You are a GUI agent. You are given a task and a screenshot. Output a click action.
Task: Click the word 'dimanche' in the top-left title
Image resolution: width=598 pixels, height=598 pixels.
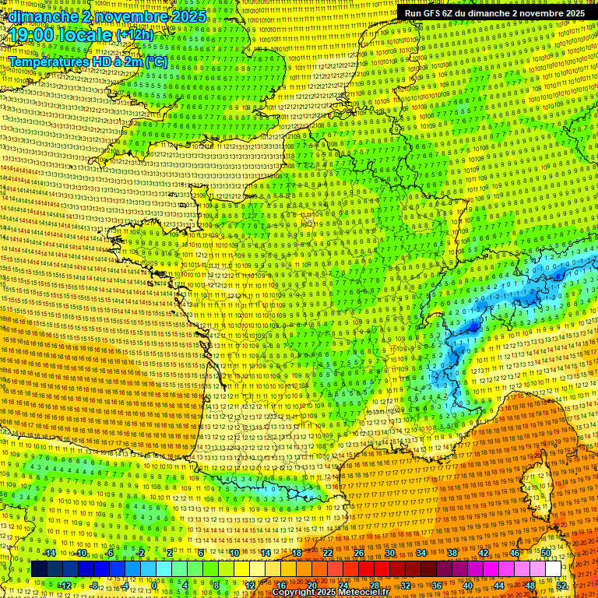(x=44, y=16)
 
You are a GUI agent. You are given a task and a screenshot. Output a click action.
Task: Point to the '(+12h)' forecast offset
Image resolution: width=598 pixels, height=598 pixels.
(x=135, y=35)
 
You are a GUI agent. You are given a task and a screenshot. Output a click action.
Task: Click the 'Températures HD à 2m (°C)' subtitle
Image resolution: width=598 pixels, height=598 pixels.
(x=88, y=62)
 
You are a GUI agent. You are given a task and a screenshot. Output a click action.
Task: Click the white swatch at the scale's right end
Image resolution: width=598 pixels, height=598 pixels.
(x=554, y=569)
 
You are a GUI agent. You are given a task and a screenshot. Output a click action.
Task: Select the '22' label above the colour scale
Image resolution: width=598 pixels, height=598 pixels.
(x=328, y=553)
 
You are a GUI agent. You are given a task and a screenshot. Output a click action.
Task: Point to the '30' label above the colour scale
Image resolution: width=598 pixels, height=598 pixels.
(x=389, y=553)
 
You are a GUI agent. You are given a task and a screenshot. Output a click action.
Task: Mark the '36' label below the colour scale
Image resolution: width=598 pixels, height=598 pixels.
(x=436, y=585)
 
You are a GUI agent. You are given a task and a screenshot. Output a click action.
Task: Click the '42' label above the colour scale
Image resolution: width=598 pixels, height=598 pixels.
(x=483, y=553)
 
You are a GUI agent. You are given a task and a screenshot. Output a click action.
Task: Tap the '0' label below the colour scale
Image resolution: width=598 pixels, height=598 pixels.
(x=155, y=585)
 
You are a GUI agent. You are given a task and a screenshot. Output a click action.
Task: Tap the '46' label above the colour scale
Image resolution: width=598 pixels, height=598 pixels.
(x=514, y=553)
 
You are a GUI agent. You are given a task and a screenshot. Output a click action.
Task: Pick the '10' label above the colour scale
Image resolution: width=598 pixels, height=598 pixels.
(x=234, y=553)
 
